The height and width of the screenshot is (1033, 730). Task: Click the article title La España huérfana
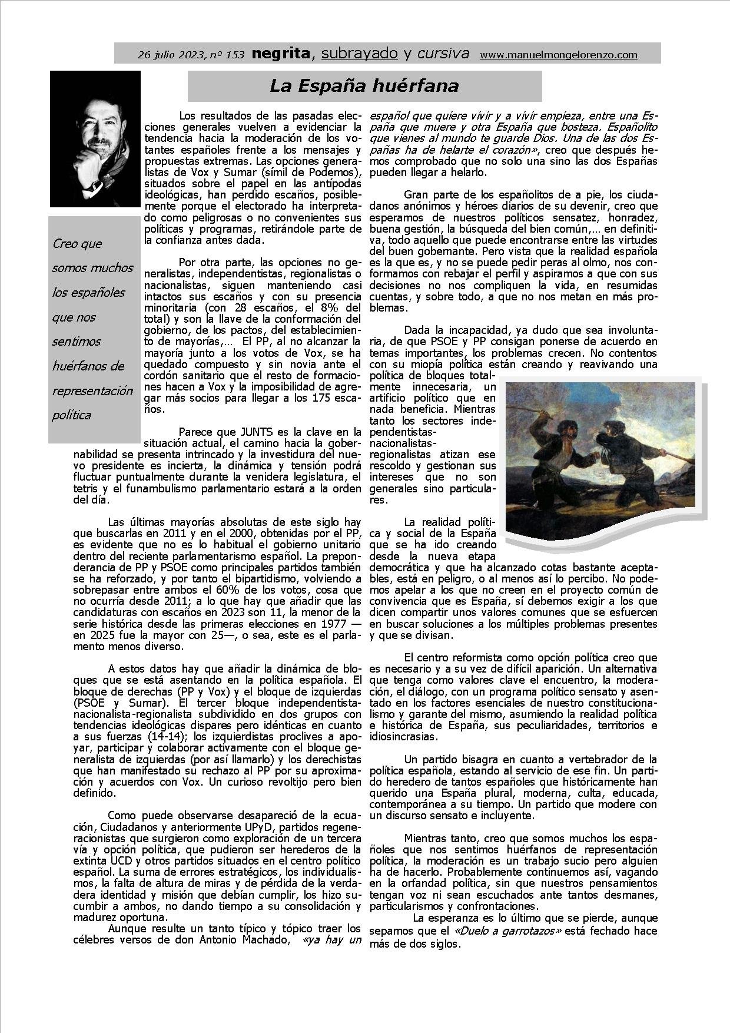pos(364,86)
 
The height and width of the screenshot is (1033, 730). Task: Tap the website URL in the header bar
pos(559,55)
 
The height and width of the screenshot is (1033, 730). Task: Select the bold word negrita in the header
pos(280,54)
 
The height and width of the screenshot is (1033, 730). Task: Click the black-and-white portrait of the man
pos(95,139)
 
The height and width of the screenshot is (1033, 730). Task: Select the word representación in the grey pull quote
pos(92,390)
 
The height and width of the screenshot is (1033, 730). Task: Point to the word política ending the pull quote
pos(71,415)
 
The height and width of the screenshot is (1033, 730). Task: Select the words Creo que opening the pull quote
pos(77,244)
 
